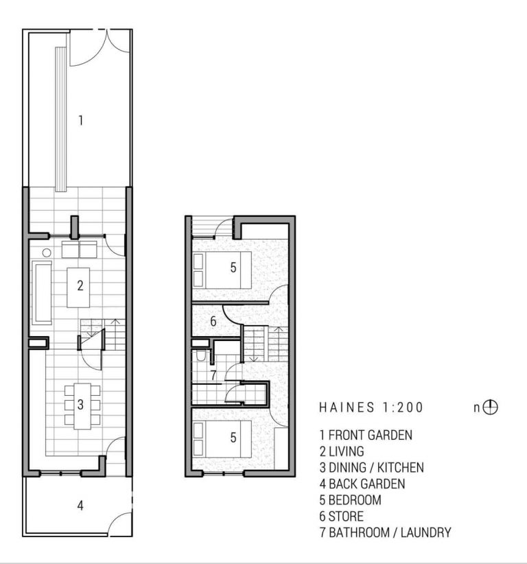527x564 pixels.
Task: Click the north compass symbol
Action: [490, 408]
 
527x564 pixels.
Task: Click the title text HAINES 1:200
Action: [371, 407]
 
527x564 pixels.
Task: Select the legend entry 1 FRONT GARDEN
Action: [366, 435]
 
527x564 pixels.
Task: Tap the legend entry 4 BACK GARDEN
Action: [362, 484]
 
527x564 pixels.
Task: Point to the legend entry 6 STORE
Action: [341, 516]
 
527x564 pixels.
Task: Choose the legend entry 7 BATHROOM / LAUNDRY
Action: [385, 532]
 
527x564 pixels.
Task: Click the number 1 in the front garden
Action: [81, 120]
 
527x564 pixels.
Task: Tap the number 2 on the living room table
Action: [80, 285]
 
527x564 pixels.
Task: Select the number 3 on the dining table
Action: [80, 405]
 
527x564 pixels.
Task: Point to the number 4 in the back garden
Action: [80, 506]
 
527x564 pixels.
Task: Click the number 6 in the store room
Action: [213, 321]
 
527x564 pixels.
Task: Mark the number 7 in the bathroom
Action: [213, 375]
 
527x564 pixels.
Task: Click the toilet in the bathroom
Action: [201, 355]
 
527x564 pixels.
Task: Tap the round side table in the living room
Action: [47, 252]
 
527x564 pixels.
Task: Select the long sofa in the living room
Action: [42, 292]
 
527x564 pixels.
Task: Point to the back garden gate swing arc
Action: [119, 522]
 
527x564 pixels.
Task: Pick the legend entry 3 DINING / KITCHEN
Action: [372, 467]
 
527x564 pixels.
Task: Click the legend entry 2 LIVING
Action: [342, 451]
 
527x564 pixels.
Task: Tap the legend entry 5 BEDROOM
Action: [351, 500]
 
